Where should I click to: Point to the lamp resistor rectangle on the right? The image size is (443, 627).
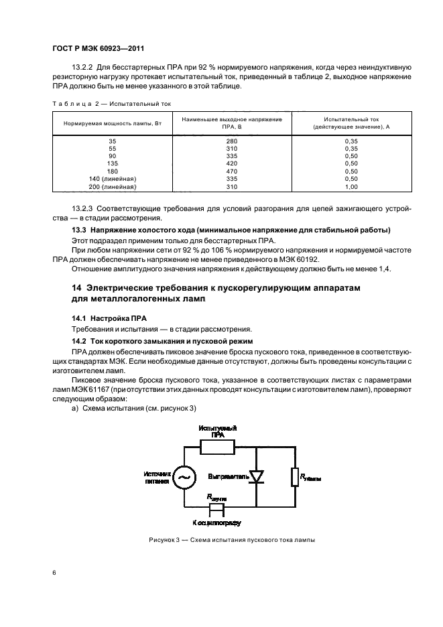tap(295, 476)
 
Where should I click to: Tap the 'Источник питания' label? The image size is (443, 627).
tap(157, 477)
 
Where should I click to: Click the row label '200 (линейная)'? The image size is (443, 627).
tap(112, 186)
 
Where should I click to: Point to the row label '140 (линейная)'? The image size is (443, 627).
tap(112, 179)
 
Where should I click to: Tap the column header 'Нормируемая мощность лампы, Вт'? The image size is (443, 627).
tap(112, 124)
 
